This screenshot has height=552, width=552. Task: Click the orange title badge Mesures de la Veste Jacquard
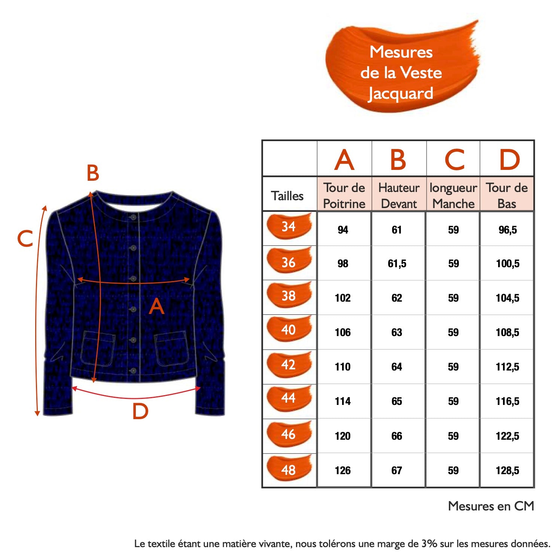(401, 72)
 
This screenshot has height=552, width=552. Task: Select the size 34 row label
(289, 227)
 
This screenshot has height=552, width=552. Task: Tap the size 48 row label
(289, 470)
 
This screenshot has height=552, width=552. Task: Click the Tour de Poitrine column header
(344, 195)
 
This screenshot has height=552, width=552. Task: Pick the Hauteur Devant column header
(399, 195)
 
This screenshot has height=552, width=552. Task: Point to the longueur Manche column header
(453, 195)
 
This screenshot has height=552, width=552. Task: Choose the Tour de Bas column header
(507, 195)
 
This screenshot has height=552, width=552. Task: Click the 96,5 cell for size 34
(507, 230)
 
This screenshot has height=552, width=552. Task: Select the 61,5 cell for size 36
(397, 263)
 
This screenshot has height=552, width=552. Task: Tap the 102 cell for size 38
(342, 298)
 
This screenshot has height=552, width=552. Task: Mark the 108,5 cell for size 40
(507, 332)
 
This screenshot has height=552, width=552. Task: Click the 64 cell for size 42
(397, 367)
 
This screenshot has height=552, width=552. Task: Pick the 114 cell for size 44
(342, 401)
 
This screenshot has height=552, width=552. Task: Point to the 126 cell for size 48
(342, 470)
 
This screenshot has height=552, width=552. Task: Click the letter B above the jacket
(93, 173)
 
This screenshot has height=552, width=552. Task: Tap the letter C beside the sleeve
(25, 238)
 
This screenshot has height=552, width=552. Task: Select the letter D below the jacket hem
(140, 411)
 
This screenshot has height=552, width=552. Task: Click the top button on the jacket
(133, 217)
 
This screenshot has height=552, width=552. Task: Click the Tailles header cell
(287, 196)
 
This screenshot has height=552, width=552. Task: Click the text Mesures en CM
(491, 506)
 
